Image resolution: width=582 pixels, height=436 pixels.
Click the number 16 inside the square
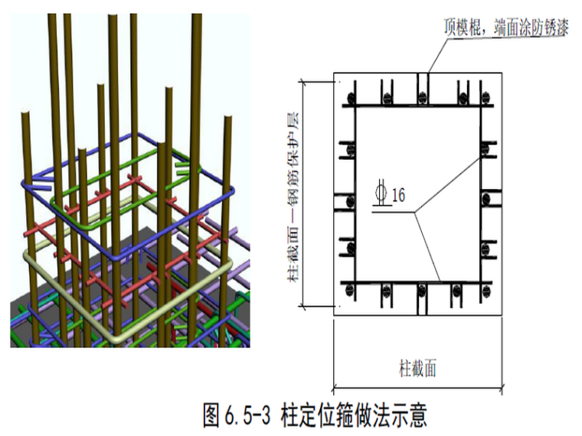(398, 195)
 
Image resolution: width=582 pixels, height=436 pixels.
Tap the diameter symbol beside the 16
(380, 194)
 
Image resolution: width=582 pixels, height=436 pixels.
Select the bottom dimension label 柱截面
(417, 369)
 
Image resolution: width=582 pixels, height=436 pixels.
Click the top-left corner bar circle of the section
(351, 99)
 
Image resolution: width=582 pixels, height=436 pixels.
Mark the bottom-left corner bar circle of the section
(351, 289)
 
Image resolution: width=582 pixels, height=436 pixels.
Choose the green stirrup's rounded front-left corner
(55, 200)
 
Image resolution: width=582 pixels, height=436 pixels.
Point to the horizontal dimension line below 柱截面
(417, 386)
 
